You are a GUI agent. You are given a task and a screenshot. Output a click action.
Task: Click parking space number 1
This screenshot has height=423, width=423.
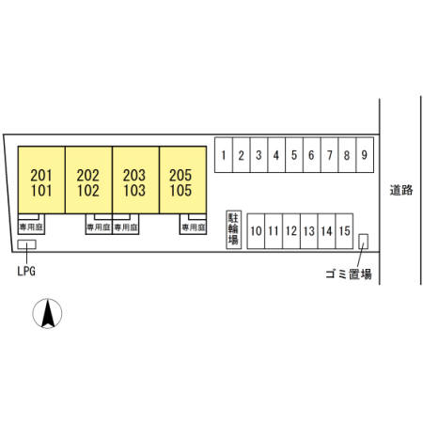pos(224,155)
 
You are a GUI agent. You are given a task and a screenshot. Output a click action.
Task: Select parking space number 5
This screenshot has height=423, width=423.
pos(294,155)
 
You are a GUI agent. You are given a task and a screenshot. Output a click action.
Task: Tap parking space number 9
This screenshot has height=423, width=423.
pos(365,155)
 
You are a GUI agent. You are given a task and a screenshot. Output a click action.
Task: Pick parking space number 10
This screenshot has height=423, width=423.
pos(256,231)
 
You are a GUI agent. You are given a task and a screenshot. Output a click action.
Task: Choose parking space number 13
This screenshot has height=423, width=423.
pos(309,231)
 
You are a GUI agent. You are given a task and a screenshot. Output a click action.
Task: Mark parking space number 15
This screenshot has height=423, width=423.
pos(344,231)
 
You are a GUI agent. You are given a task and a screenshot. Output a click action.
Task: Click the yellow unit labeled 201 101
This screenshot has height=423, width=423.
pos(41,180)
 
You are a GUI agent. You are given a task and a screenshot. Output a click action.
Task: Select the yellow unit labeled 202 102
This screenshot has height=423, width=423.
pos(88,180)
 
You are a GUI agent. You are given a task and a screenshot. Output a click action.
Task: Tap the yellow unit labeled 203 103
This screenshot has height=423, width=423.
pos(135,180)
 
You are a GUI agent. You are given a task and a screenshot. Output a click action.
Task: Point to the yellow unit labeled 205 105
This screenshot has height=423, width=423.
pos(182,180)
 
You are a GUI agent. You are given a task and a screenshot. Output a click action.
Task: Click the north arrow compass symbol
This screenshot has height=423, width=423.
pos(47,313)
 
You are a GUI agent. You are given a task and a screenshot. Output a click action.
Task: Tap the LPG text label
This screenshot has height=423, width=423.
pos(26,271)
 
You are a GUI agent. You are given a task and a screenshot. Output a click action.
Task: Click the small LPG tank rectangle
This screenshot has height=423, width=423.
pos(26,244)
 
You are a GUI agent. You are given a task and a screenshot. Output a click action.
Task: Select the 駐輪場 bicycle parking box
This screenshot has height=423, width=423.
pos(234,229)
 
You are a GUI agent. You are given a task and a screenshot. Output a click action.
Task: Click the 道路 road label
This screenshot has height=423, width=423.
pos(401,190)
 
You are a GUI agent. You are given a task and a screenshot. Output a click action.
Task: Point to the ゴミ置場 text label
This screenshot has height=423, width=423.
pos(349,274)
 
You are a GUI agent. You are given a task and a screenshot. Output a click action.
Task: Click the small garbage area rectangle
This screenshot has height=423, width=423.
pos(363,242)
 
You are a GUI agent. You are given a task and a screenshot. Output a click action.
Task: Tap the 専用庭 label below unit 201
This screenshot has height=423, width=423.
pos(31,227)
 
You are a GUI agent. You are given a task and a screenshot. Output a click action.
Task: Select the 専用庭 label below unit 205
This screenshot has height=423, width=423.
pos(194,227)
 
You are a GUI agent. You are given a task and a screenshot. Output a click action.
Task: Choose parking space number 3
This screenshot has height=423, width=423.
pos(258,155)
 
